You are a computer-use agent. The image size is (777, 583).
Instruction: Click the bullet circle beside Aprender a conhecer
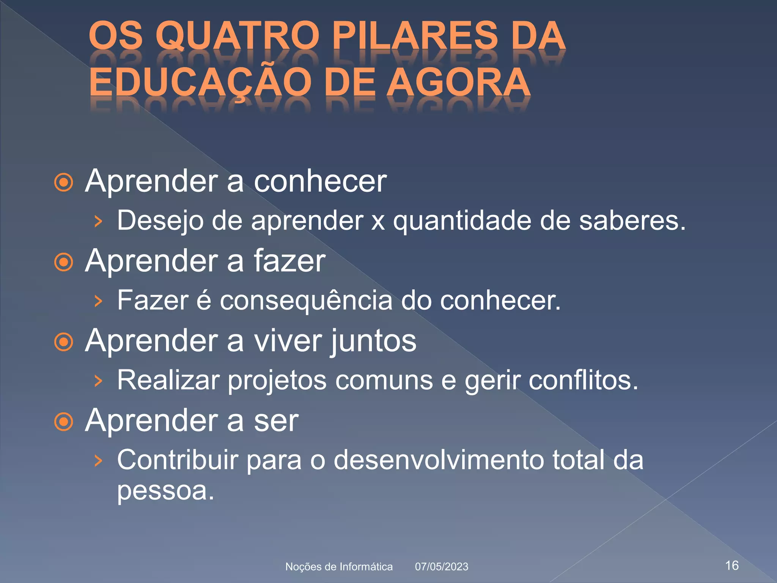click(x=64, y=183)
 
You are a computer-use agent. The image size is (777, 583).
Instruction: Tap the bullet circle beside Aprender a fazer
click(x=64, y=262)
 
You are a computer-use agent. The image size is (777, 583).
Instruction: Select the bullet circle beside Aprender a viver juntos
click(x=64, y=342)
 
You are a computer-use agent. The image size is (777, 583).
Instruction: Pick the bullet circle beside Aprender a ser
click(x=64, y=422)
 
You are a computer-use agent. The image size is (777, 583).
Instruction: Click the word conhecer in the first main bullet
click(x=320, y=181)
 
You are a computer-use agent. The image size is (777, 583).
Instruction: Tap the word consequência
click(x=306, y=300)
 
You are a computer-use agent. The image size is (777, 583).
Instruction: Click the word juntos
click(x=374, y=341)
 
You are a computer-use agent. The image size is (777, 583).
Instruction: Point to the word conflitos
click(x=584, y=380)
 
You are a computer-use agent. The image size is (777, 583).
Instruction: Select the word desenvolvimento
click(x=439, y=460)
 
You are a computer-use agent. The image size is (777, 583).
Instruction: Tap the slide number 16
click(x=732, y=566)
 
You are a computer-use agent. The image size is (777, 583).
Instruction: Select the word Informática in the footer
click(x=366, y=567)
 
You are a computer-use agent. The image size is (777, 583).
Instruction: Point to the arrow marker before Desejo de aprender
click(x=98, y=221)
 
